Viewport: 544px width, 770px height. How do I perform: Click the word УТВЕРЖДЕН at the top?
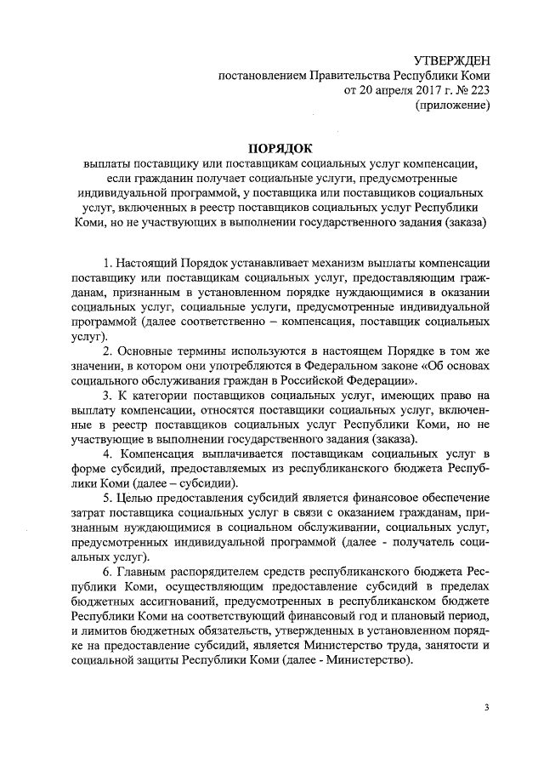pyautogui.click(x=451, y=60)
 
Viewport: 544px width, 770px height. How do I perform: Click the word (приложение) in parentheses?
pyautogui.click(x=452, y=106)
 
